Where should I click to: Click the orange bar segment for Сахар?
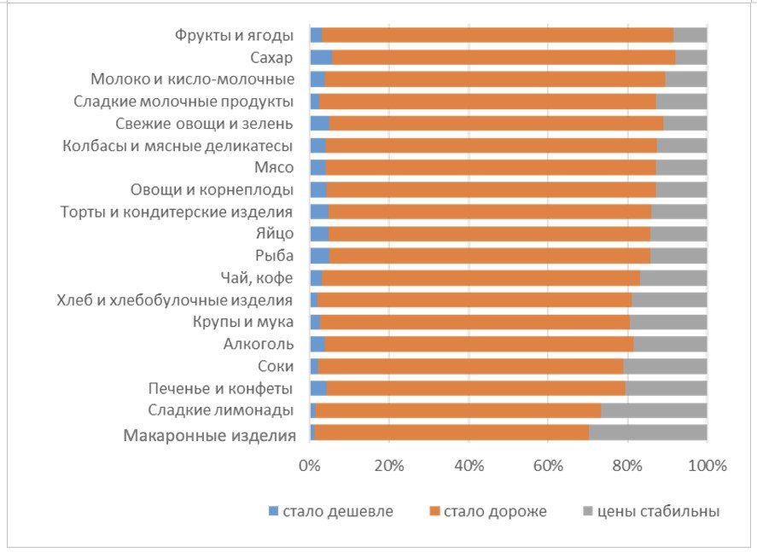[504, 57]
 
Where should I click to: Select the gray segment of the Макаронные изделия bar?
[648, 433]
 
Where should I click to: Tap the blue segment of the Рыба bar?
[319, 255]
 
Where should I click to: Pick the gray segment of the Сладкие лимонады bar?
[654, 410]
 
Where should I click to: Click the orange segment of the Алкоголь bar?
[479, 344]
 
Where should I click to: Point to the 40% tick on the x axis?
[469, 466]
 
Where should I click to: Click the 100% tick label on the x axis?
[706, 466]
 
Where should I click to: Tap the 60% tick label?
[548, 466]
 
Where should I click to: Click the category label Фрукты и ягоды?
[234, 35]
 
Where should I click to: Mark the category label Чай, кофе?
[257, 277]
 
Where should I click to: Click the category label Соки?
[276, 366]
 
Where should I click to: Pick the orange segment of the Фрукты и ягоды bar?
[498, 35]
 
